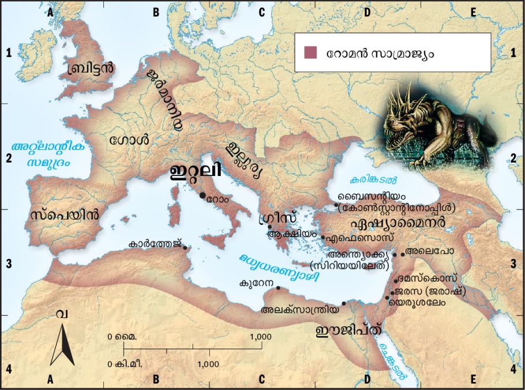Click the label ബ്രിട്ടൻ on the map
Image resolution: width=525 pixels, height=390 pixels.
91,67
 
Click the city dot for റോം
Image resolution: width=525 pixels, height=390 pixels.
202,196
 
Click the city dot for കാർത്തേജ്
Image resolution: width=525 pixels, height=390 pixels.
185,248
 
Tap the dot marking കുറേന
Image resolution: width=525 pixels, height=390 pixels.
278,287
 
